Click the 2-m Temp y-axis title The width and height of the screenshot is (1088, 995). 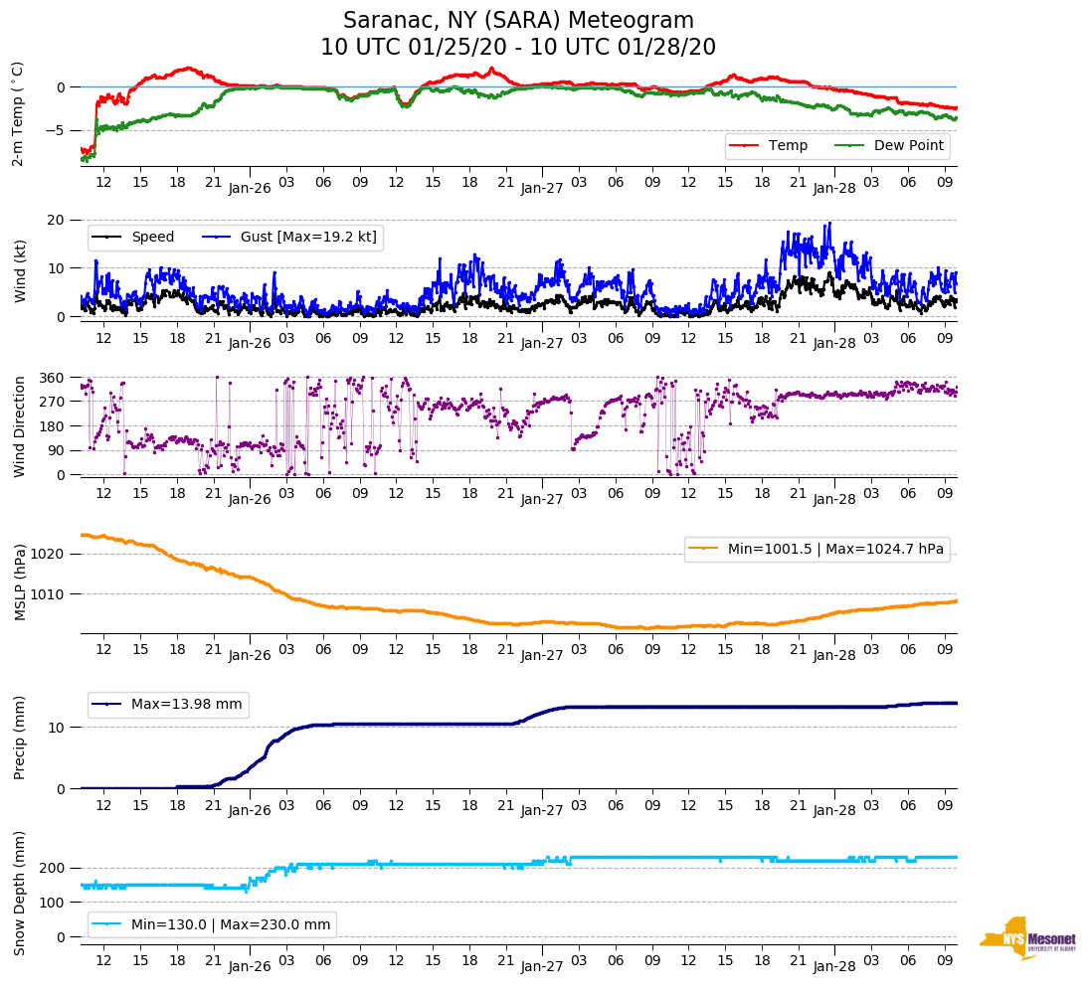17,113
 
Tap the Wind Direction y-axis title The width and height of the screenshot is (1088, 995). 19,426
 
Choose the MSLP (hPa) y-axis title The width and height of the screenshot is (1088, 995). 19,582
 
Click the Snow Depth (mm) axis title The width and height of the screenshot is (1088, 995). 19,893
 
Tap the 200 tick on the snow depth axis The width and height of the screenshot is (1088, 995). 53,869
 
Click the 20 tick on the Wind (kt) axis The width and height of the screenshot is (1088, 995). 57,220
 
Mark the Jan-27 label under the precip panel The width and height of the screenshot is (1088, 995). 542,811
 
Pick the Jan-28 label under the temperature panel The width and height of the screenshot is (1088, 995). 834,187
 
